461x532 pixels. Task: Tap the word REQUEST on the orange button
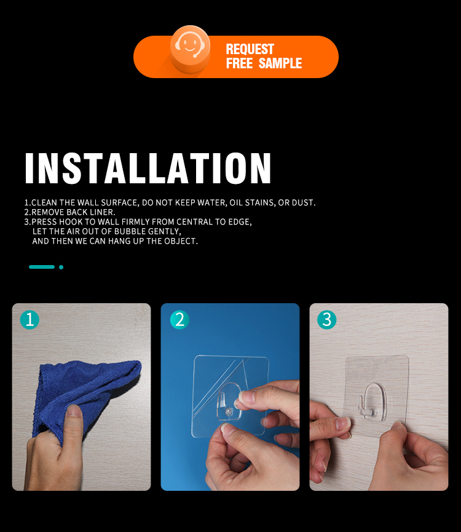coord(250,49)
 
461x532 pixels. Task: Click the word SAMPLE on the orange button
coord(280,63)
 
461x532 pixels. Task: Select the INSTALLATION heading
coord(148,169)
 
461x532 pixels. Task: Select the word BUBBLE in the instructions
coord(128,231)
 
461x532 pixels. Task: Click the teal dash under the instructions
coord(42,267)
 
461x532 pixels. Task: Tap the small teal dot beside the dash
coord(61,267)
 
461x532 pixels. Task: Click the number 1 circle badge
coord(30,320)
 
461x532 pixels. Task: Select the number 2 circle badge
coord(179,320)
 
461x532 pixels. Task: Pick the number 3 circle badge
coord(327,320)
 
